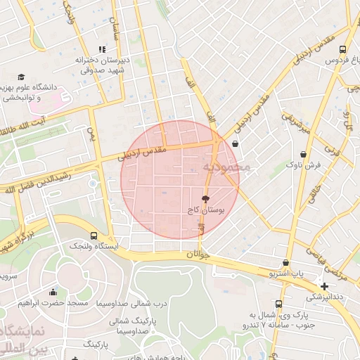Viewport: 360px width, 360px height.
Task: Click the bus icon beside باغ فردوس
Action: [342, 50]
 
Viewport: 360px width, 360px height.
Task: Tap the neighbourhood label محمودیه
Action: [226, 167]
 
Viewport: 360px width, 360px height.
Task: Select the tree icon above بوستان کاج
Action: [205, 200]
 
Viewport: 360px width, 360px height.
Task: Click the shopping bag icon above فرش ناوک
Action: [303, 154]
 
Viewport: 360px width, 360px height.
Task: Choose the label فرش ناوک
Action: [302, 165]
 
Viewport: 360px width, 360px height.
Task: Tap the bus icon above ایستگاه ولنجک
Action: [94, 236]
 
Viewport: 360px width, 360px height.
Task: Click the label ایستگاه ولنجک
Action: [94, 247]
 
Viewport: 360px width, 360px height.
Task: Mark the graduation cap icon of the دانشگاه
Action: [22, 77]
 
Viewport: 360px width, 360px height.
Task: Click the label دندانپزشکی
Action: [324, 297]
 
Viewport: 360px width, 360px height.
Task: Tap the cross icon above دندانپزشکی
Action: [323, 286]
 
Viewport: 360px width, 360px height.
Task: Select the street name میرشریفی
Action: [295, 122]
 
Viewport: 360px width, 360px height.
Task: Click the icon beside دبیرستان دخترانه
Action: [103, 49]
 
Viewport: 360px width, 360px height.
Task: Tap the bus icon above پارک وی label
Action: [279, 304]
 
